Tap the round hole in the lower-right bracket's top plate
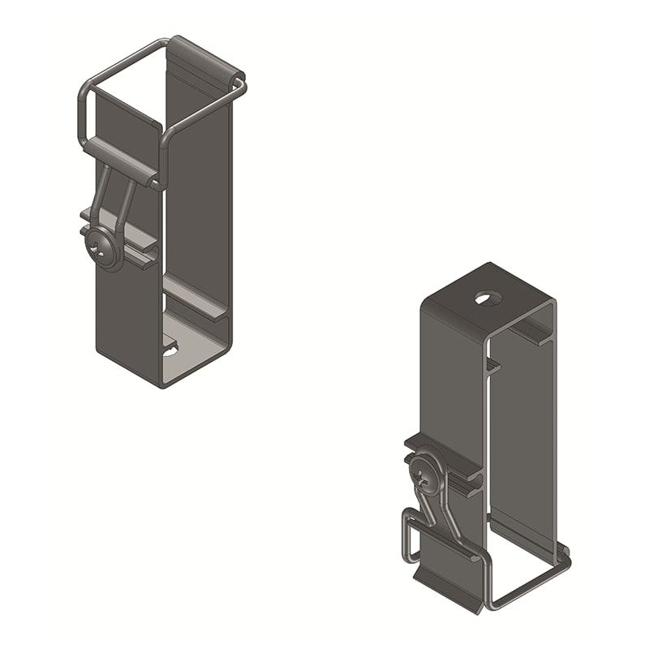(x=484, y=299)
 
